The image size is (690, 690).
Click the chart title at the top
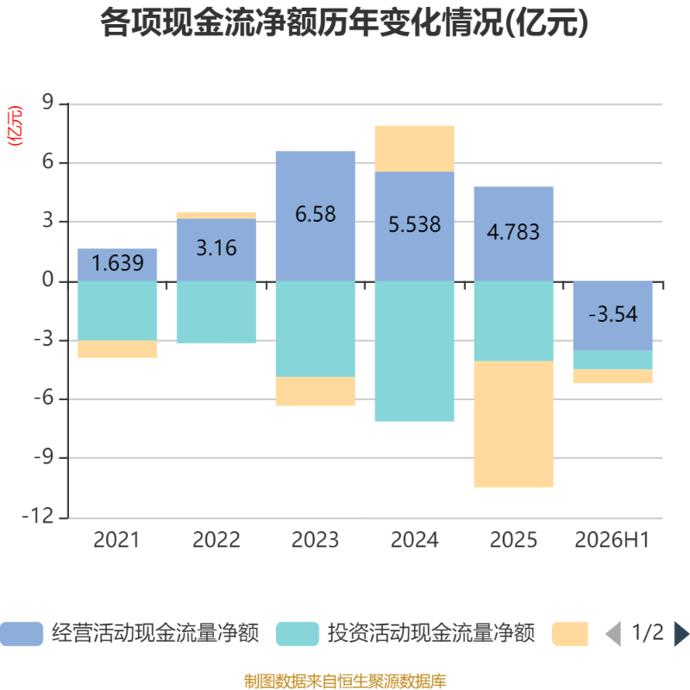(x=344, y=23)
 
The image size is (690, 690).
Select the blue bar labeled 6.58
(x=316, y=216)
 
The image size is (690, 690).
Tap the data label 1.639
(x=117, y=263)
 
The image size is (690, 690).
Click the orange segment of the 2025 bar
(x=513, y=423)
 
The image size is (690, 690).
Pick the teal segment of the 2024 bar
(x=415, y=351)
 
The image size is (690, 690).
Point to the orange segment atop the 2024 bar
(x=415, y=148)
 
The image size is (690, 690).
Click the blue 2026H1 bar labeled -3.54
(x=612, y=316)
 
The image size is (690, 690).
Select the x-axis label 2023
(x=315, y=540)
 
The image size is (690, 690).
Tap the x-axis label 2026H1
(x=612, y=540)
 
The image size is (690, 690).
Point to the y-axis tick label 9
(x=48, y=102)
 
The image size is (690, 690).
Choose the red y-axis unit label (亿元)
(x=15, y=126)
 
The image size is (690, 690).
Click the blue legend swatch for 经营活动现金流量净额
(x=22, y=634)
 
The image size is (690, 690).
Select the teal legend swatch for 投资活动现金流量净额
(x=298, y=634)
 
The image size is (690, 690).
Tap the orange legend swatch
(x=570, y=634)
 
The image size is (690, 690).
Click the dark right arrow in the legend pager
(x=681, y=634)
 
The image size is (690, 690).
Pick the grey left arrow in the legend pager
(x=613, y=634)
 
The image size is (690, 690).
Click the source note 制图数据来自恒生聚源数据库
(x=345, y=681)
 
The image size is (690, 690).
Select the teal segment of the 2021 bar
(x=117, y=310)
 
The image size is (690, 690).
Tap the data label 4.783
(x=513, y=232)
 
